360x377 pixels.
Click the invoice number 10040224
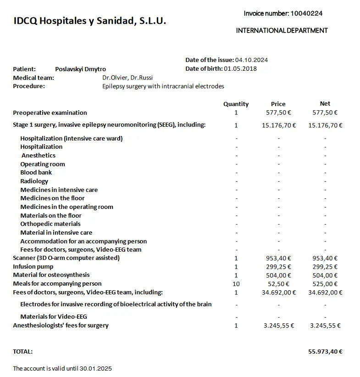[x=306, y=13]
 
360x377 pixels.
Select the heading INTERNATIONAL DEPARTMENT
[x=282, y=30]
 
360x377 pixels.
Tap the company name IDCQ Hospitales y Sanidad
[x=90, y=21]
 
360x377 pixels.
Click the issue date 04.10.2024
[x=251, y=60]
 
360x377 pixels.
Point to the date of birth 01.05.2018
[x=240, y=69]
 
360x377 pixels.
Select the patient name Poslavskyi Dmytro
[x=80, y=69]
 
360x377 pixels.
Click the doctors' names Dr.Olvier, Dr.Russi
[x=127, y=78]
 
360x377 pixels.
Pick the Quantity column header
[x=236, y=104]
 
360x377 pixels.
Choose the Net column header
[x=325, y=104]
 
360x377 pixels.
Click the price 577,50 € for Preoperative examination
[x=278, y=113]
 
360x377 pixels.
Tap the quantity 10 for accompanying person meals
[x=236, y=284]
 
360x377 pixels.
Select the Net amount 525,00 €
[x=325, y=284]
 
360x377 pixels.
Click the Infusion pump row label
[x=33, y=267]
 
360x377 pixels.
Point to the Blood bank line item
[x=36, y=173]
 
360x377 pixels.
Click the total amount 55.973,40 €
[x=325, y=352]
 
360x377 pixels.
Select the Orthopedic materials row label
[x=50, y=224]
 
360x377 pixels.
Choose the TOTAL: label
[x=23, y=352]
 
